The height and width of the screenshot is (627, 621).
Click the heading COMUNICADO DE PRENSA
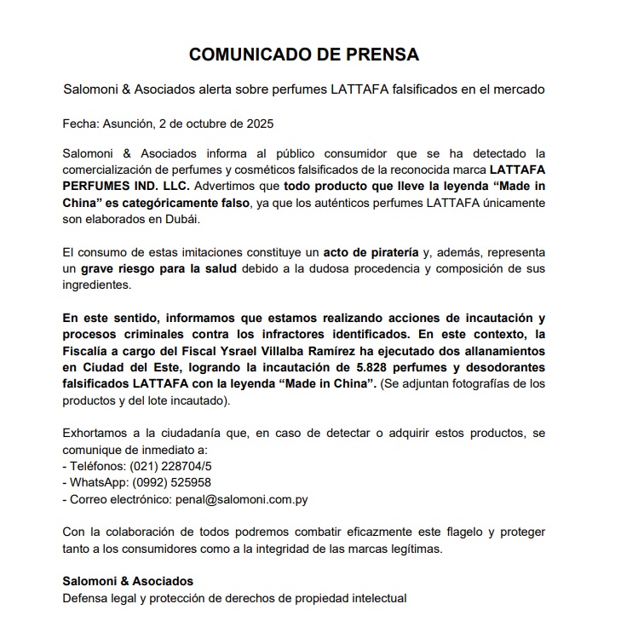tap(303, 55)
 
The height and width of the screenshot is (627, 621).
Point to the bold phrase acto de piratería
tap(370, 252)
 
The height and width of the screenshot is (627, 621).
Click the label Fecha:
tap(81, 122)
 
